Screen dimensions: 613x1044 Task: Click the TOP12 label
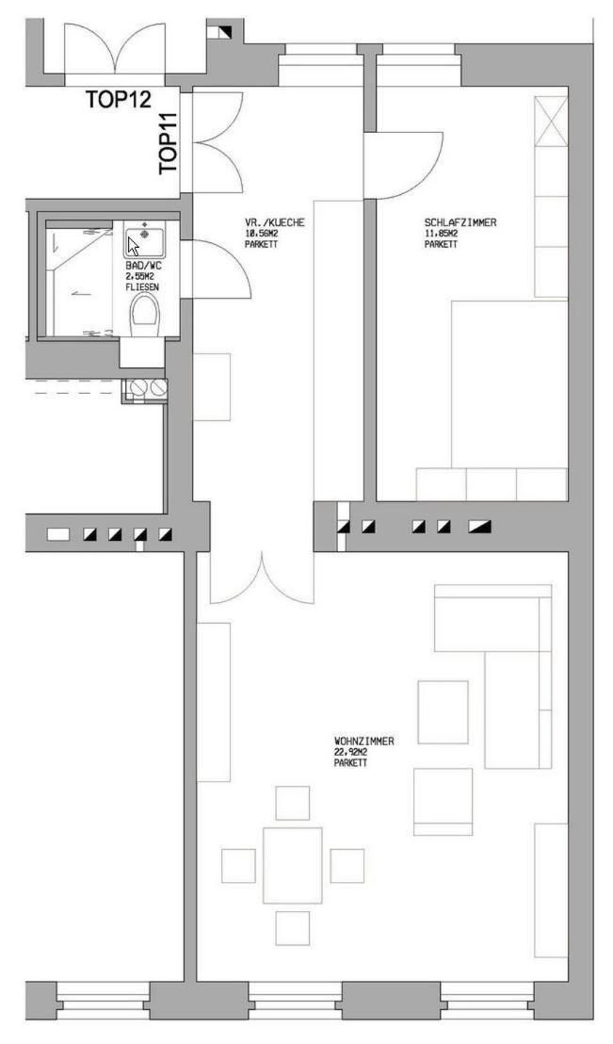point(119,99)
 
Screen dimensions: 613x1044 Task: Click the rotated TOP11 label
point(169,144)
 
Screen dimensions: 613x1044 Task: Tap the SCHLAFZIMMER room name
point(460,222)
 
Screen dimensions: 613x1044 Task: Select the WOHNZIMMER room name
point(363,741)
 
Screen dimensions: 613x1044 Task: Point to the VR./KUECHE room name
point(274,222)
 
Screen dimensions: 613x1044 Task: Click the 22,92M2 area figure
point(351,752)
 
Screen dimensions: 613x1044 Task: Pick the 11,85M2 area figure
point(442,234)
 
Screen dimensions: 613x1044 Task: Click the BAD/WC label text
point(143,265)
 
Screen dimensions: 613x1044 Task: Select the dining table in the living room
point(292,865)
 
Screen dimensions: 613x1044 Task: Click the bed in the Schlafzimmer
point(509,383)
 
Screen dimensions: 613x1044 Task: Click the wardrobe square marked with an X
point(551,122)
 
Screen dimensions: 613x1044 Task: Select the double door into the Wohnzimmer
point(262,578)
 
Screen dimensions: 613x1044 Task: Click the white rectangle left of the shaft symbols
point(57,534)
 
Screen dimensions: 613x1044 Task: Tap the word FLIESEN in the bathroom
point(142,287)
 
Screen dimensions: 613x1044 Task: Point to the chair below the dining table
point(292,927)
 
